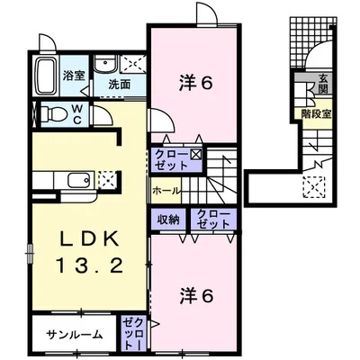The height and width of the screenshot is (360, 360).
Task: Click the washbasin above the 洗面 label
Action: coord(106,64)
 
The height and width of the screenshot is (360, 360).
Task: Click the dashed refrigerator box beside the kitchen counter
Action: coord(108,178)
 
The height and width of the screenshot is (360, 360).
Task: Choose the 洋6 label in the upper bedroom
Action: coord(194,84)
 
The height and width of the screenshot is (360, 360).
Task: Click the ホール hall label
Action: coord(166,191)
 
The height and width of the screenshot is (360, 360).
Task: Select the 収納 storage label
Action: coord(167,219)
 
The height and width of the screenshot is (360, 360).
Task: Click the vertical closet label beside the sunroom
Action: coord(133,333)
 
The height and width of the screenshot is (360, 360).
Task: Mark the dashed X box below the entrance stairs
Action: coord(316,188)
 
